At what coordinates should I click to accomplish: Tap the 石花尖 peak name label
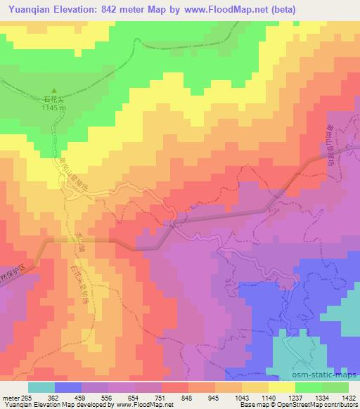point(52,100)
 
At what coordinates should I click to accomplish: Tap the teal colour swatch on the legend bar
point(41,387)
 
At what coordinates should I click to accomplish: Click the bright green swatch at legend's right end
point(335,387)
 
